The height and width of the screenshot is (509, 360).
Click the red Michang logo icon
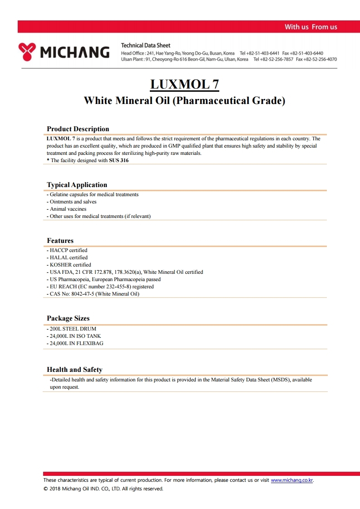click(27, 52)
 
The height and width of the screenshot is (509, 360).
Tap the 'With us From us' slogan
click(311, 27)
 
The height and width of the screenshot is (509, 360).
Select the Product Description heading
click(78, 129)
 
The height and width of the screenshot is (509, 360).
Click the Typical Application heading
click(77, 185)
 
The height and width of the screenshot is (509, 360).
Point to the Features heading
click(60, 241)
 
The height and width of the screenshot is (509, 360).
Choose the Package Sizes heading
click(68, 318)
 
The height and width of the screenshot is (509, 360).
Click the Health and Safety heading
click(74, 370)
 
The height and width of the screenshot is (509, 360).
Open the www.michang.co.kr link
click(292, 480)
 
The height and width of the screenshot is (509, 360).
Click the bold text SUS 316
click(118, 160)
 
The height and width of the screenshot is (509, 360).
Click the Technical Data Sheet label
click(146, 45)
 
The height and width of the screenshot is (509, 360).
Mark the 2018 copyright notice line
click(103, 489)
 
